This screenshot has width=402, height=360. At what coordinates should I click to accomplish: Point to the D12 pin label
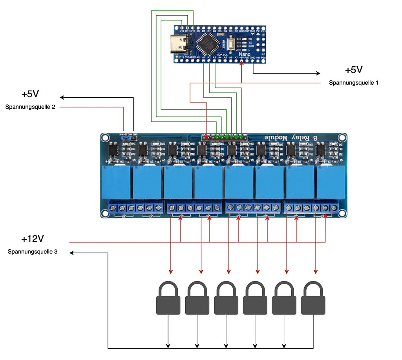pyautogui.click(x=182, y=30)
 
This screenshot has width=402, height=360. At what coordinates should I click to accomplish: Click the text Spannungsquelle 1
pyautogui.click(x=353, y=83)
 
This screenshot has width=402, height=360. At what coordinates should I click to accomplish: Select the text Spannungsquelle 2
pyautogui.click(x=30, y=107)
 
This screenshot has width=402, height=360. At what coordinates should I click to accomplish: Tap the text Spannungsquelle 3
pyautogui.click(x=33, y=252)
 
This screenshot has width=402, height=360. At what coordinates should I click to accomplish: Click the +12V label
pyautogui.click(x=32, y=239)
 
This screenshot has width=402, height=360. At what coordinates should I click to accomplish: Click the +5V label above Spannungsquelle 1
pyautogui.click(x=353, y=70)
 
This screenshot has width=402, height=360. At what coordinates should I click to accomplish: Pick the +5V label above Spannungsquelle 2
pyautogui.click(x=30, y=95)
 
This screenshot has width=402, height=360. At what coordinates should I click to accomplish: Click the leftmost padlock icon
pyautogui.click(x=168, y=298)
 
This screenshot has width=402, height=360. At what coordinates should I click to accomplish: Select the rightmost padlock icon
pyautogui.click(x=313, y=298)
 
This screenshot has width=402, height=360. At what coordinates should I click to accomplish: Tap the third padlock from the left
pyautogui.click(x=226, y=298)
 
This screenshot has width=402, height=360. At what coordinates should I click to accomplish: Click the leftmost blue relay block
pyautogui.click(x=117, y=182)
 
